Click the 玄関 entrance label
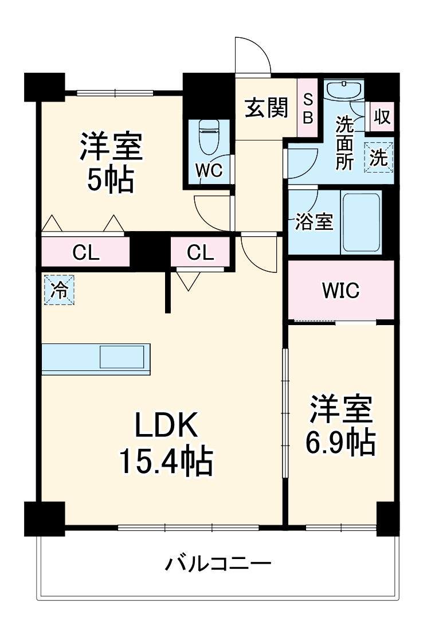click(x=267, y=108)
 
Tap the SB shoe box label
click(x=308, y=108)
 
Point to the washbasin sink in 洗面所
click(x=343, y=90)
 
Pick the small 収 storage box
click(x=382, y=117)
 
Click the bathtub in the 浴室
click(x=361, y=222)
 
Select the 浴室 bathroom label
click(x=314, y=222)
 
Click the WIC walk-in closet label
click(x=340, y=291)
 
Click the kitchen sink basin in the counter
click(x=122, y=357)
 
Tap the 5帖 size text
click(x=111, y=180)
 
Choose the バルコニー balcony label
click(x=218, y=565)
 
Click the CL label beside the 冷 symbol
click(x=85, y=252)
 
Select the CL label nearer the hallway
click(x=201, y=252)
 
